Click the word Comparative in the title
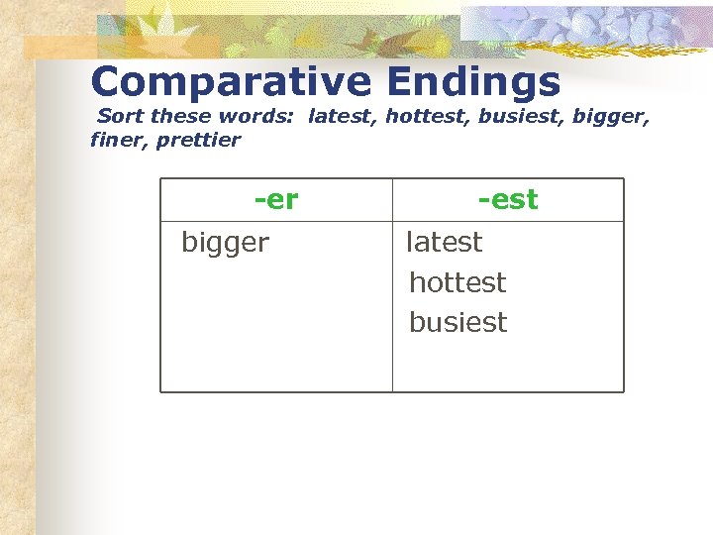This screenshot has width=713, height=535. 229,81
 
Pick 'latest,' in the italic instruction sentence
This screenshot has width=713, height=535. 343,117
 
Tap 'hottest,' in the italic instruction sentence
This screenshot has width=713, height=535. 427,117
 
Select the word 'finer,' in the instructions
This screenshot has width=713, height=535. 119,140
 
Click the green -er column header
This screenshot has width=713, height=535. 276,200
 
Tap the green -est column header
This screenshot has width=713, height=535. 508,200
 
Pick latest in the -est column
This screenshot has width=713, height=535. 445,242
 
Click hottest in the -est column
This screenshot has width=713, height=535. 458,282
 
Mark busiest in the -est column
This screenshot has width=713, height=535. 458,323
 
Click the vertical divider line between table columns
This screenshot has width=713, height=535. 392,307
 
